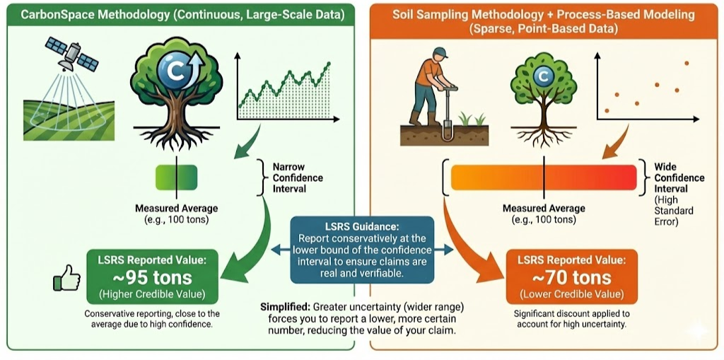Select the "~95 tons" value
pos(152,277)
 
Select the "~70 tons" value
pos(572,277)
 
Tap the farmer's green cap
pos(440,52)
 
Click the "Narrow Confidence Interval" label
pos(298,178)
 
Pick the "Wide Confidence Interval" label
pos(679,178)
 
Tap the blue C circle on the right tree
pos(543,75)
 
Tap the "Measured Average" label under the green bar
pos(176,208)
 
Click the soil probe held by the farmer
pos(446,113)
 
